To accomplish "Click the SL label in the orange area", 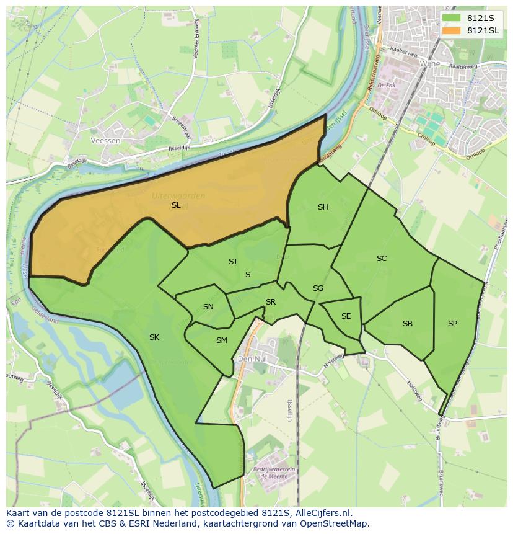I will click(176, 205).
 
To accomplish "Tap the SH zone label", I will click(323, 207).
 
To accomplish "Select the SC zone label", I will click(382, 259).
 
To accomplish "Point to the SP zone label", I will click(452, 324).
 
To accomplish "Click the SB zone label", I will click(408, 324).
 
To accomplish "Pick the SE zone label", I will click(346, 316).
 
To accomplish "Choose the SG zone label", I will click(318, 288).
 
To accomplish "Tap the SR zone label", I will click(271, 302).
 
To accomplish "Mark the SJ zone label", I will click(232, 262).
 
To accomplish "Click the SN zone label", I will click(208, 307).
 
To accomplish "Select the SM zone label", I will click(221, 340).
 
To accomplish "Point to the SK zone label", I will click(154, 337).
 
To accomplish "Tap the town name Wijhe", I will click(429, 63).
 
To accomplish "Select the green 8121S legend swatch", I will click(451, 18).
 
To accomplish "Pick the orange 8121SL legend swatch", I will click(451, 30).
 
